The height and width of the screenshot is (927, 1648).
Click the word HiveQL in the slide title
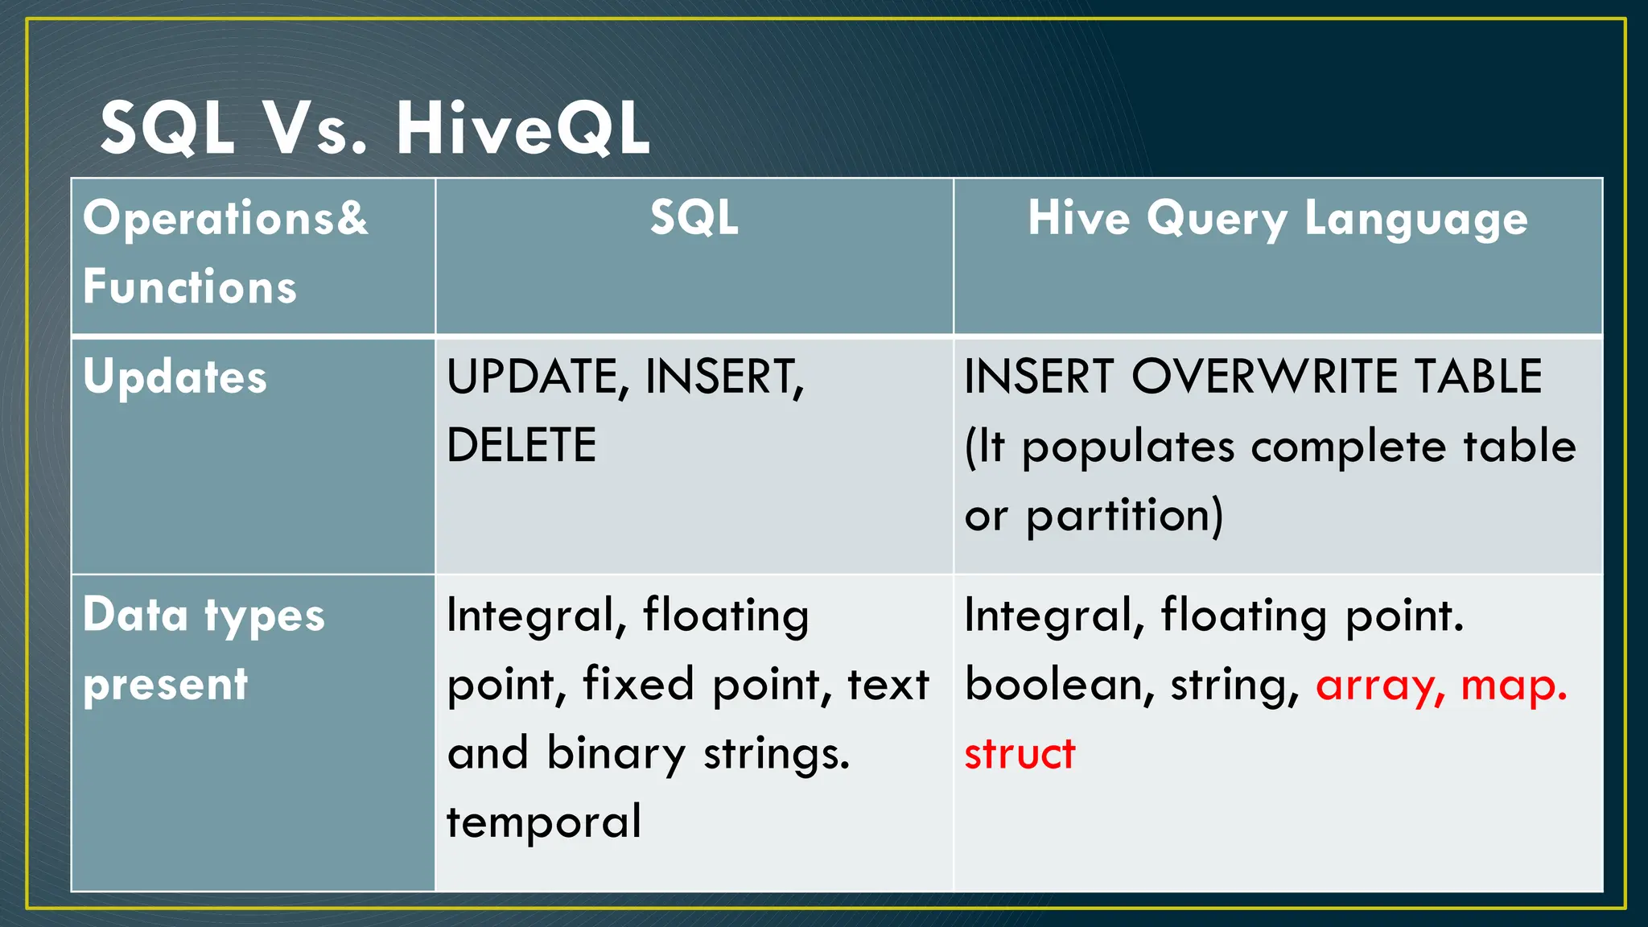point(523,129)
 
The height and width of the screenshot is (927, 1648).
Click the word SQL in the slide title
point(167,129)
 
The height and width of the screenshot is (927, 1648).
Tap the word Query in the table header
point(1217,219)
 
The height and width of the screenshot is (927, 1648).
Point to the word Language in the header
point(1415,219)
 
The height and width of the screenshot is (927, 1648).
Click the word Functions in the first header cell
point(190,287)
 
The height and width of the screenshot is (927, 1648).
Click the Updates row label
point(175,377)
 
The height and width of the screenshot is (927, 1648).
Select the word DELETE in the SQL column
point(521,446)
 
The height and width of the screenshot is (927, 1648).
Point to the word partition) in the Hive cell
point(1124,516)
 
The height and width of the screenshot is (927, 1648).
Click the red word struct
point(1020,755)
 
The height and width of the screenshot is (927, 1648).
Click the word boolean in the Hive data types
point(1059,686)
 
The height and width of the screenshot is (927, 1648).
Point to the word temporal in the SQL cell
point(544,822)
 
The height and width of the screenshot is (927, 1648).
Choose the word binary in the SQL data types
point(616,755)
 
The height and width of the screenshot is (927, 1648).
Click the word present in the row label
point(166,686)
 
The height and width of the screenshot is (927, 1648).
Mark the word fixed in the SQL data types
point(638,686)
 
